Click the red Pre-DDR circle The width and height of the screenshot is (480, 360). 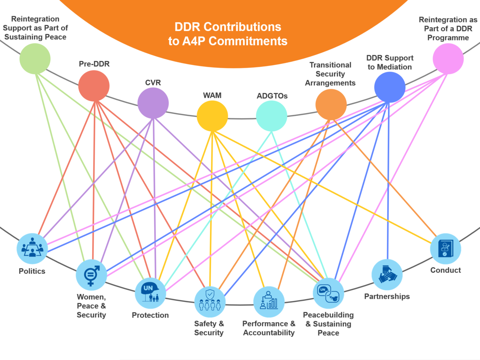click(x=94, y=86)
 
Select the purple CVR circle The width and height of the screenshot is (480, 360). click(x=153, y=103)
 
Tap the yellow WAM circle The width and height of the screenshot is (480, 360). click(x=212, y=116)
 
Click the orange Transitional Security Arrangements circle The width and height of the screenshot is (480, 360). click(x=331, y=105)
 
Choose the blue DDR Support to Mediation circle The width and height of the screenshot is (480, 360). click(x=390, y=87)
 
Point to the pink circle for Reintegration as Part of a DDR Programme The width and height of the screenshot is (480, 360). click(x=448, y=59)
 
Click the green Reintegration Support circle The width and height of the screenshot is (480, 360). click(x=35, y=59)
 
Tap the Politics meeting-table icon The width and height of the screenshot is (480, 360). click(x=32, y=248)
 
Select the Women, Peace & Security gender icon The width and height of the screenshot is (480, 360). click(x=91, y=275)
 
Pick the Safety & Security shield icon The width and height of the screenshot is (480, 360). click(x=210, y=301)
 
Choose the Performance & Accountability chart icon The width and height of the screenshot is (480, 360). click(x=269, y=301)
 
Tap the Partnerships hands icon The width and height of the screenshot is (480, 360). click(x=387, y=274)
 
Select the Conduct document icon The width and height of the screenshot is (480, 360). click(x=445, y=249)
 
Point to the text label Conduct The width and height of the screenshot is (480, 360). click(x=445, y=270)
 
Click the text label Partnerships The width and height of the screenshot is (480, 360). click(x=387, y=296)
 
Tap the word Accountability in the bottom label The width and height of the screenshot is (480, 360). click(x=269, y=333)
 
